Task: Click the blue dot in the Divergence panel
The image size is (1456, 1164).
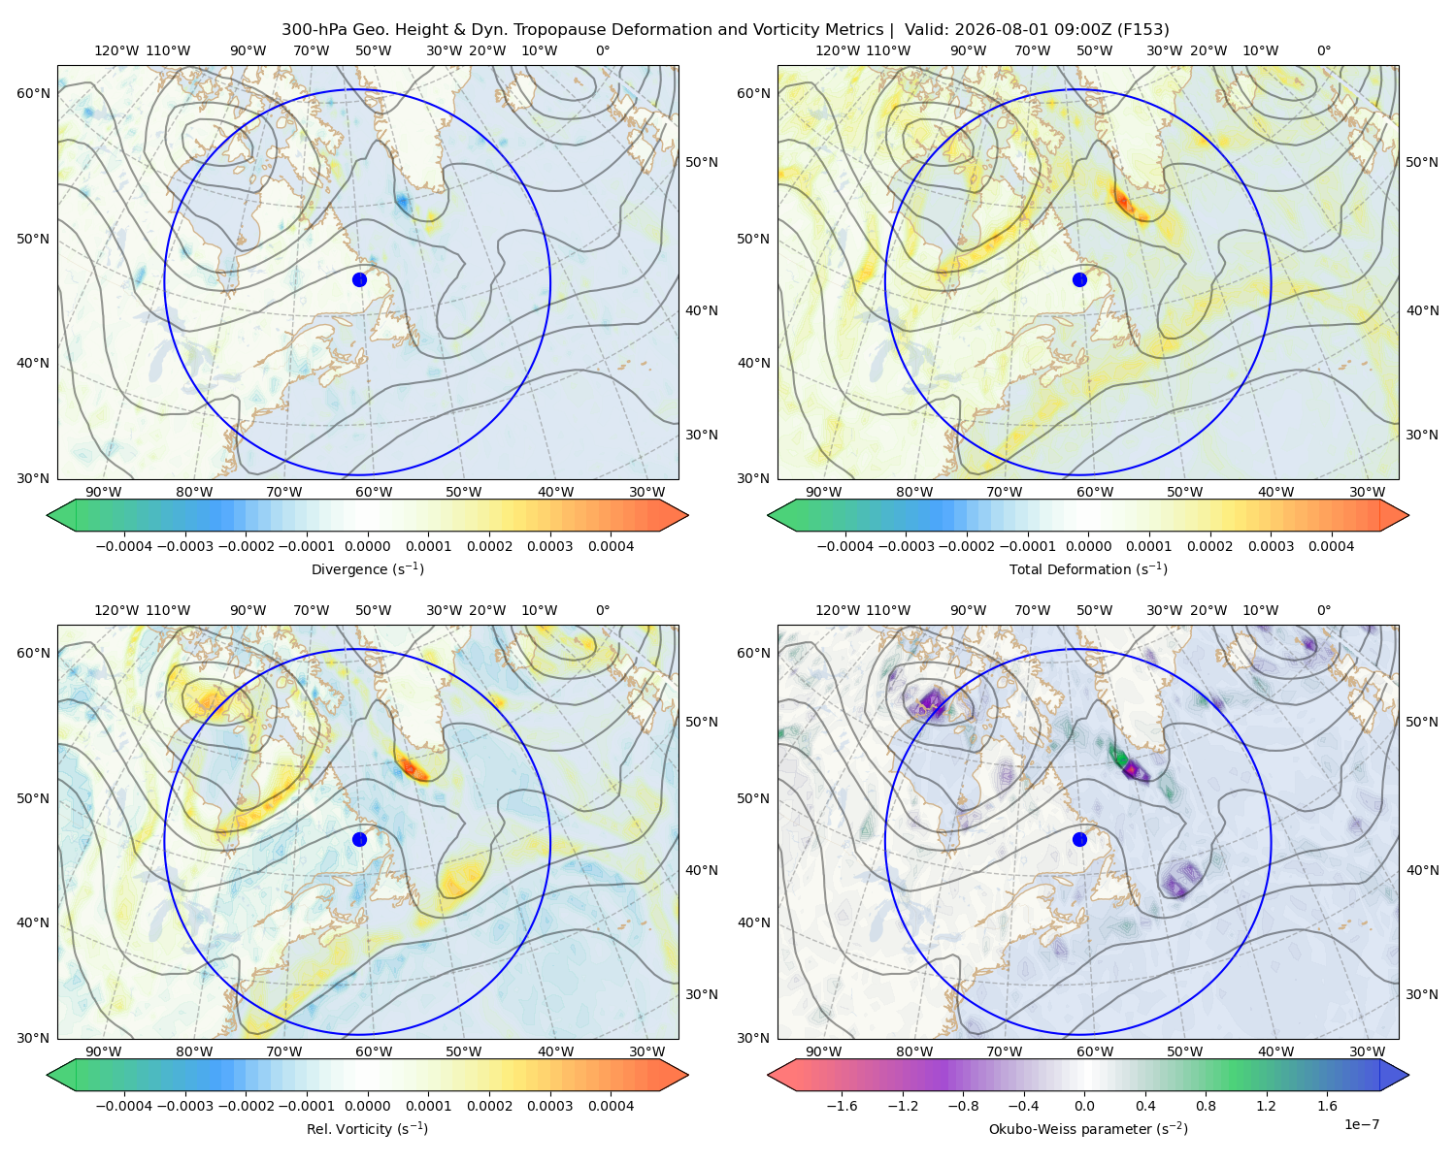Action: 359,279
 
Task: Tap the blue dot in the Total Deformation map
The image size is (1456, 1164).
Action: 1079,279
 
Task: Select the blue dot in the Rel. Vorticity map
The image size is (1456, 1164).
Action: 359,839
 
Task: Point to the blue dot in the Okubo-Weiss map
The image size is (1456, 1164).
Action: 1079,839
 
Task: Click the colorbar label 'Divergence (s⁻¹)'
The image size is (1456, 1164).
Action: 367,568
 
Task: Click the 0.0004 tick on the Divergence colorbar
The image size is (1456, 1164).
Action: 611,546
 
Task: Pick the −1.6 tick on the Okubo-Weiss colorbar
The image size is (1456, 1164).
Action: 842,1106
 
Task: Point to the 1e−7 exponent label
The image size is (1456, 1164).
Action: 1361,1124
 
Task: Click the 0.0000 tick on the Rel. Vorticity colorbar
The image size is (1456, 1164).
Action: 367,1106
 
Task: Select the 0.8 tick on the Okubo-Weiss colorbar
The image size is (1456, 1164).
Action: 1206,1106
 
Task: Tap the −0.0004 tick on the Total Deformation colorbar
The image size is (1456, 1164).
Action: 845,546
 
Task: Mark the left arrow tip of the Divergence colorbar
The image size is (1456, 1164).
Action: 47,515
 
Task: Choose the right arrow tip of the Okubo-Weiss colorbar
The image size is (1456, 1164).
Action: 1408,1075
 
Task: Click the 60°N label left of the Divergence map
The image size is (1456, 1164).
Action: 33,93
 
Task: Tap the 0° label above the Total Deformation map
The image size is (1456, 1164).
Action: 1323,50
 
